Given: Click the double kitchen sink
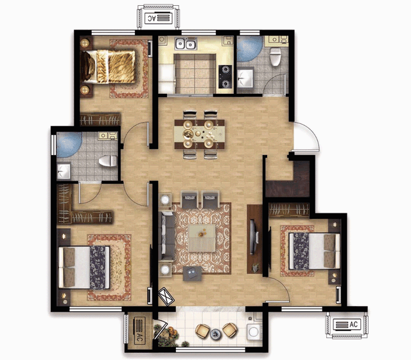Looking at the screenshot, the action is pos(186,44).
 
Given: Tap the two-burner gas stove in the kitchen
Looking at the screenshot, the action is pos(225,76).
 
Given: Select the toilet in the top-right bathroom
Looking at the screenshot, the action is pos(275,57).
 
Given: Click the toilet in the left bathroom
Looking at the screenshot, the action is pos(108,161).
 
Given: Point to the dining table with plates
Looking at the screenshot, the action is pos(200,134).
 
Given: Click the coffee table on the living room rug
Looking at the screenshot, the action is pos(202,238).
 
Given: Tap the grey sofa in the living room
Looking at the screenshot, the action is pos(167,236).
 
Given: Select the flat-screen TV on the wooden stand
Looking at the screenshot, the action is pos(252,237).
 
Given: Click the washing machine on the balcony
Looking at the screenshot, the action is pos(254,332).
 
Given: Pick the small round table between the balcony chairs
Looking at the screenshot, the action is pos(216,334).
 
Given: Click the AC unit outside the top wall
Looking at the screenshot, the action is pos(159,18).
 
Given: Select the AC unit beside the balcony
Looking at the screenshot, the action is pos(139,330).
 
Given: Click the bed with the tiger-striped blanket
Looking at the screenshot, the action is pos(108,67).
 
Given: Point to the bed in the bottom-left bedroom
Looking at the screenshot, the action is pos(84,267).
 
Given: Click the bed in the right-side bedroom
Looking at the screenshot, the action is pos(315,251).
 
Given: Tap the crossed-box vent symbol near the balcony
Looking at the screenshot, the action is pos(166,296).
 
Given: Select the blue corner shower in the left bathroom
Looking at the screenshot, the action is pos(68,143).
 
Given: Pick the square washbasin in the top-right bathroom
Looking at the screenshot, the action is pos(245,78).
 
